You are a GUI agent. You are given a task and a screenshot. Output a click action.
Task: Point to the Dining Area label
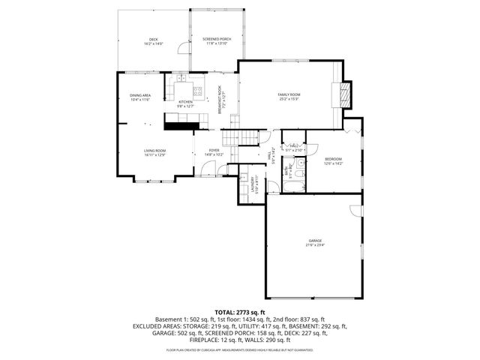coord(140,97)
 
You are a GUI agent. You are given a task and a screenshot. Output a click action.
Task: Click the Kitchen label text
coord(184,103)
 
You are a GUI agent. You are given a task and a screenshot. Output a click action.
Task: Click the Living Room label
coord(154,152)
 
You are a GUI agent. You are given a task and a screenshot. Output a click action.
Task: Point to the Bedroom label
coord(333,160)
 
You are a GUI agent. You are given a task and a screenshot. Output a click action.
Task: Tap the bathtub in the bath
coord(298,181)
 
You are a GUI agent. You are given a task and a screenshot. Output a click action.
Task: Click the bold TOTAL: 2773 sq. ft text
coord(240,311)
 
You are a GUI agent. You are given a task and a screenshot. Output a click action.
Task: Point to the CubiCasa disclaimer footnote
coord(240,349)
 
